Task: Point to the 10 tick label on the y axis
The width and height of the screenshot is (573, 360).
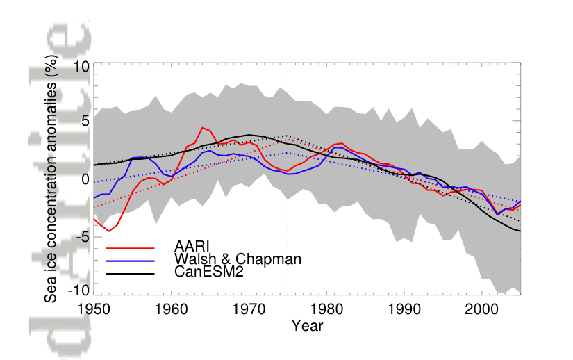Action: click(x=81, y=67)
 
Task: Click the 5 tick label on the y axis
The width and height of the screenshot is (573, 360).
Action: click(x=85, y=122)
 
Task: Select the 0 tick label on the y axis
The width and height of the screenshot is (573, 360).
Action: click(x=85, y=179)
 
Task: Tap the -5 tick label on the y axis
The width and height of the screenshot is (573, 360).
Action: click(x=83, y=236)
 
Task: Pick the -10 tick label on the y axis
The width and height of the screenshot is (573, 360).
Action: click(x=79, y=291)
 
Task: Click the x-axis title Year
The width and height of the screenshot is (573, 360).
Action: click(x=306, y=325)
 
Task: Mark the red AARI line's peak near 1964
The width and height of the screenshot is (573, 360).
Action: click(x=202, y=128)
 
